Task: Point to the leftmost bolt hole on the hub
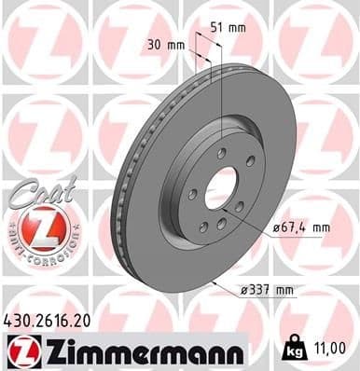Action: coord(192,195)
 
